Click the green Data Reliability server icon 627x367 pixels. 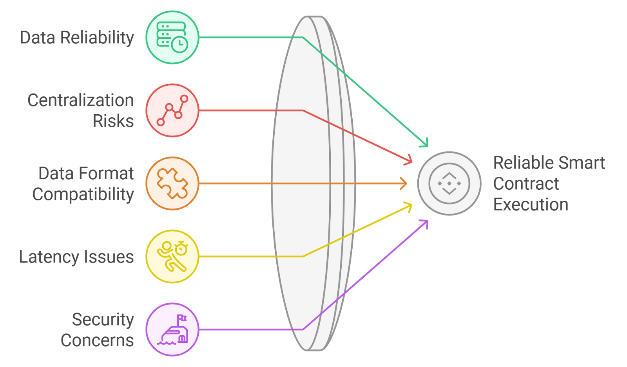click(x=172, y=37)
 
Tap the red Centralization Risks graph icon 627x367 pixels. click(x=172, y=110)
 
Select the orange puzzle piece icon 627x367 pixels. click(x=172, y=183)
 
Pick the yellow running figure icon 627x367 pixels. click(x=172, y=256)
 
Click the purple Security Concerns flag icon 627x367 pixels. click(x=172, y=329)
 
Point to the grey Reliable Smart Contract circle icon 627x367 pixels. click(x=449, y=183)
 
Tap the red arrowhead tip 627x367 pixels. click(x=411, y=162)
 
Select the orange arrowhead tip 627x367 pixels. click(x=406, y=183)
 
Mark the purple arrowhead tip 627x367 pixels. click(x=426, y=221)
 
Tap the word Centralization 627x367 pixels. click(x=81, y=100)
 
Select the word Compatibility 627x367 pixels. click(x=83, y=194)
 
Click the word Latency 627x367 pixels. click(x=49, y=257)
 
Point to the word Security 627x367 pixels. click(x=103, y=320)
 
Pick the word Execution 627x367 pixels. click(x=531, y=205)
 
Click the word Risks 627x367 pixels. click(x=113, y=121)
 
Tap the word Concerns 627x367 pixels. click(x=97, y=340)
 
